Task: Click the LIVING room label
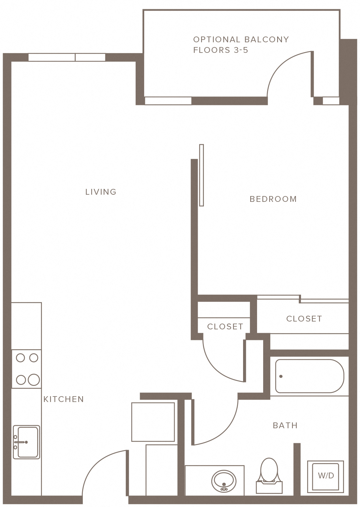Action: [x=101, y=192]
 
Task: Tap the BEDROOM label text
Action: [x=273, y=199]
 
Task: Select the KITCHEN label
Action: [x=64, y=399]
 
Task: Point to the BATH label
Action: [x=285, y=426]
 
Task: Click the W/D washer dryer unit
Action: [x=325, y=473]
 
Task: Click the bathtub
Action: [x=309, y=376]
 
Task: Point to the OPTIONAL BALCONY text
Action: [x=241, y=40]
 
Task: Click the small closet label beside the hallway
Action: [x=225, y=327]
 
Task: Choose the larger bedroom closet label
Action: [x=304, y=319]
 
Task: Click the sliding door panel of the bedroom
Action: [x=201, y=175]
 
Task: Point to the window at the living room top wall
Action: [x=67, y=57]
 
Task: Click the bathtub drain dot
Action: [x=281, y=376]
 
